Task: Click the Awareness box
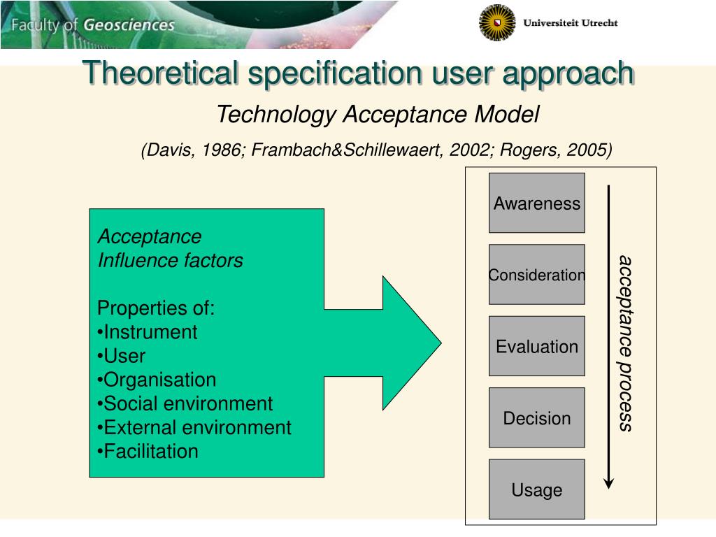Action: [536, 203]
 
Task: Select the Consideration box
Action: [536, 275]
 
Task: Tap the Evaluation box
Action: [536, 346]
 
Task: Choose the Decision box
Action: [536, 418]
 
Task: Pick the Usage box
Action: [536, 489]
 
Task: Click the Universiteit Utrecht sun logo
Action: [497, 22]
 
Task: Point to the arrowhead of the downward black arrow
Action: [609, 482]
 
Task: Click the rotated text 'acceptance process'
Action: [624, 343]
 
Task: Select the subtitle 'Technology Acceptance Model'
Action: [378, 114]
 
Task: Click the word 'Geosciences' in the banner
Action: [129, 25]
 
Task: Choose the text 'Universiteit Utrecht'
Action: [571, 23]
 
